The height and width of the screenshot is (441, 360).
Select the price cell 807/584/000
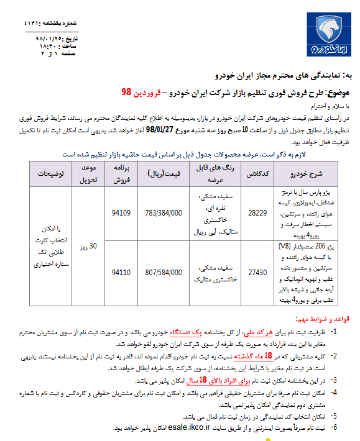coord(164,271)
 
